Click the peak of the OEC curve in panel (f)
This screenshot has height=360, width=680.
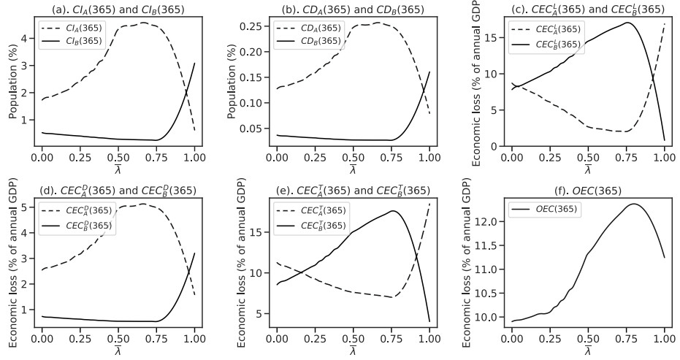[x=634, y=204]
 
